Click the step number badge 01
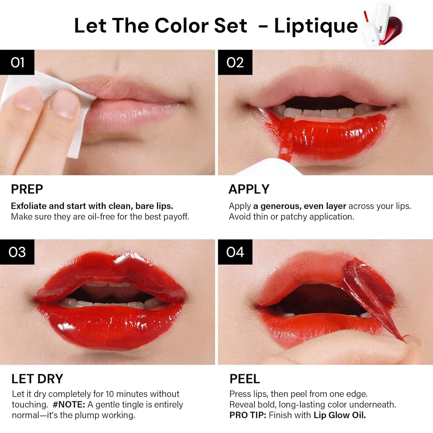[x=17, y=62]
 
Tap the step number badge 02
[x=235, y=62]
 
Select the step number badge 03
[x=17, y=252]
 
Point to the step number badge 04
[x=235, y=252]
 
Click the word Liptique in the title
[x=316, y=26]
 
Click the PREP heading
[x=27, y=189]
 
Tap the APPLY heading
[x=249, y=189]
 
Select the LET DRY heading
[x=37, y=379]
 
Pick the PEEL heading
[x=245, y=379]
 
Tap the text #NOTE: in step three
[x=69, y=405]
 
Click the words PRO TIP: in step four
[x=248, y=415]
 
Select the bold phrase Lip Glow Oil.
[x=340, y=415]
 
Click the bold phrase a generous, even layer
[x=300, y=206]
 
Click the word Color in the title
[x=182, y=26]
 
